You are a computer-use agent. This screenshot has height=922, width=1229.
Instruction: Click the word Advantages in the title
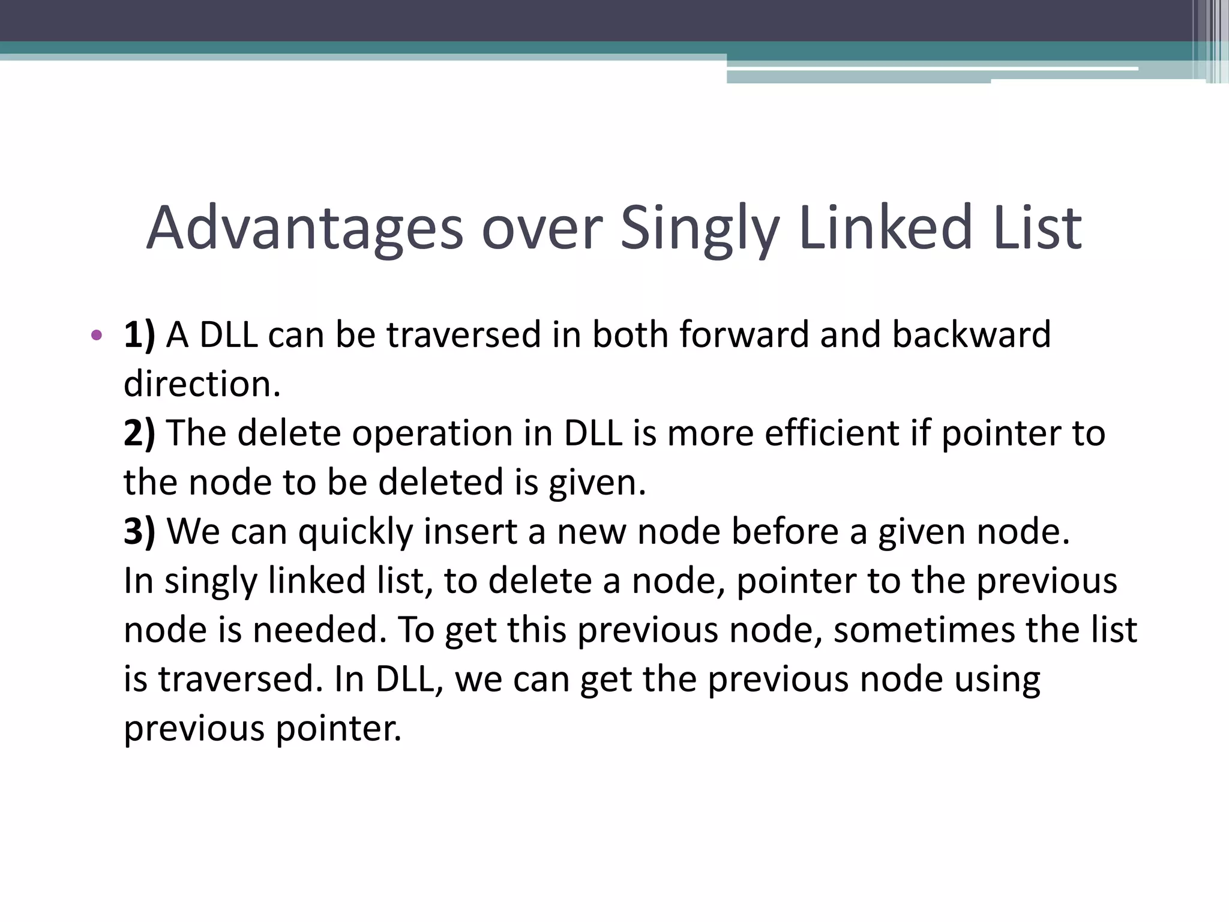pos(305,228)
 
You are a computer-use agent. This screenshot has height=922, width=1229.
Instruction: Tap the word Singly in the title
pos(700,228)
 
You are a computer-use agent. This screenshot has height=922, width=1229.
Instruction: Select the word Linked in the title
pos(885,228)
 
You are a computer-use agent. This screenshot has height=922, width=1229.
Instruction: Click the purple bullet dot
pos(96,335)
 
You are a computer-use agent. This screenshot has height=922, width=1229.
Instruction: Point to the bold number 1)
pos(139,335)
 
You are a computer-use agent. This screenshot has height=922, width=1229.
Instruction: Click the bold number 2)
pos(139,433)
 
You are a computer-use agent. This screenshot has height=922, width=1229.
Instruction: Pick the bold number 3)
pos(139,532)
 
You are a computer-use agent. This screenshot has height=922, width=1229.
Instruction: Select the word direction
pos(202,384)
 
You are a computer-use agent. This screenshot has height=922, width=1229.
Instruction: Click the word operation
pos(432,433)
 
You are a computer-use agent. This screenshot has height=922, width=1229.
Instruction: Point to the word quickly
pos(355,532)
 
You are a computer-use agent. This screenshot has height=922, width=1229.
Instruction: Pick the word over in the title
pos(541,228)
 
